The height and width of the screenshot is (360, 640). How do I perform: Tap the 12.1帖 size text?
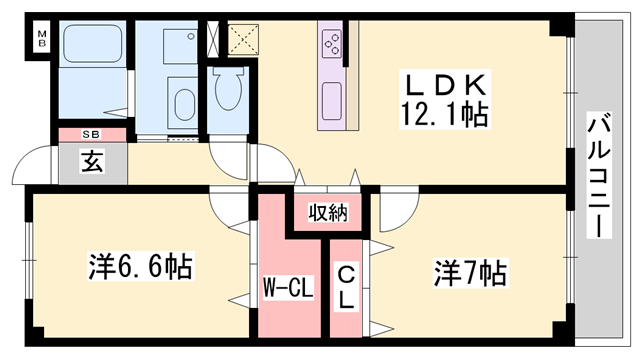coord(447,115)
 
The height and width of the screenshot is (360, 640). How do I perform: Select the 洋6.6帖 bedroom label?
coord(140,268)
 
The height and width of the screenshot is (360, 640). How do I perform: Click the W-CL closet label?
coord(289,291)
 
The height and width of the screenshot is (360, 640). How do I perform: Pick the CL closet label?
coord(346,286)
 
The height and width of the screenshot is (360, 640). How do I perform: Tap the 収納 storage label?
coord(327,211)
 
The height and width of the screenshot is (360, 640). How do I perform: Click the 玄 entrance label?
coord(91,158)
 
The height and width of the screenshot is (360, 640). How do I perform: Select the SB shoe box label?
coord(91,134)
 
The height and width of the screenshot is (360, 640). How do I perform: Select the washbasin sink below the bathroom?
coord(184,104)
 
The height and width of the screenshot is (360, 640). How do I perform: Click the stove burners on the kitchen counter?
coord(331,44)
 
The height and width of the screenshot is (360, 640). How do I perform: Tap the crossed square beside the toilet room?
coord(243,39)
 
